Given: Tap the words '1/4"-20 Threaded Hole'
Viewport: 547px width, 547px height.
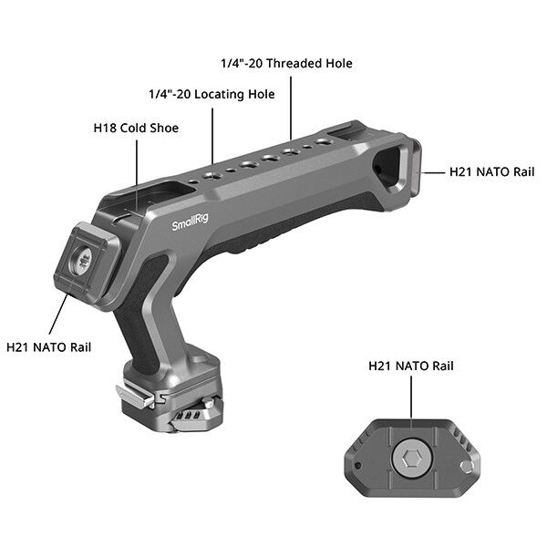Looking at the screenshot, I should [286, 64].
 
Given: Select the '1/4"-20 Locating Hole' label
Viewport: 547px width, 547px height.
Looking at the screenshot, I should [212, 94].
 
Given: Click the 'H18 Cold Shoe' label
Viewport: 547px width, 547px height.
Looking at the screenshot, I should [136, 129].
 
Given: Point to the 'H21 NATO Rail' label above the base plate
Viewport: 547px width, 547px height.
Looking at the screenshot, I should [410, 366].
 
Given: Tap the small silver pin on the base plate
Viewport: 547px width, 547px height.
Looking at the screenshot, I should [469, 467].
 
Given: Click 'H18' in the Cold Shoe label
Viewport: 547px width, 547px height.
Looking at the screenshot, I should [106, 129].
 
